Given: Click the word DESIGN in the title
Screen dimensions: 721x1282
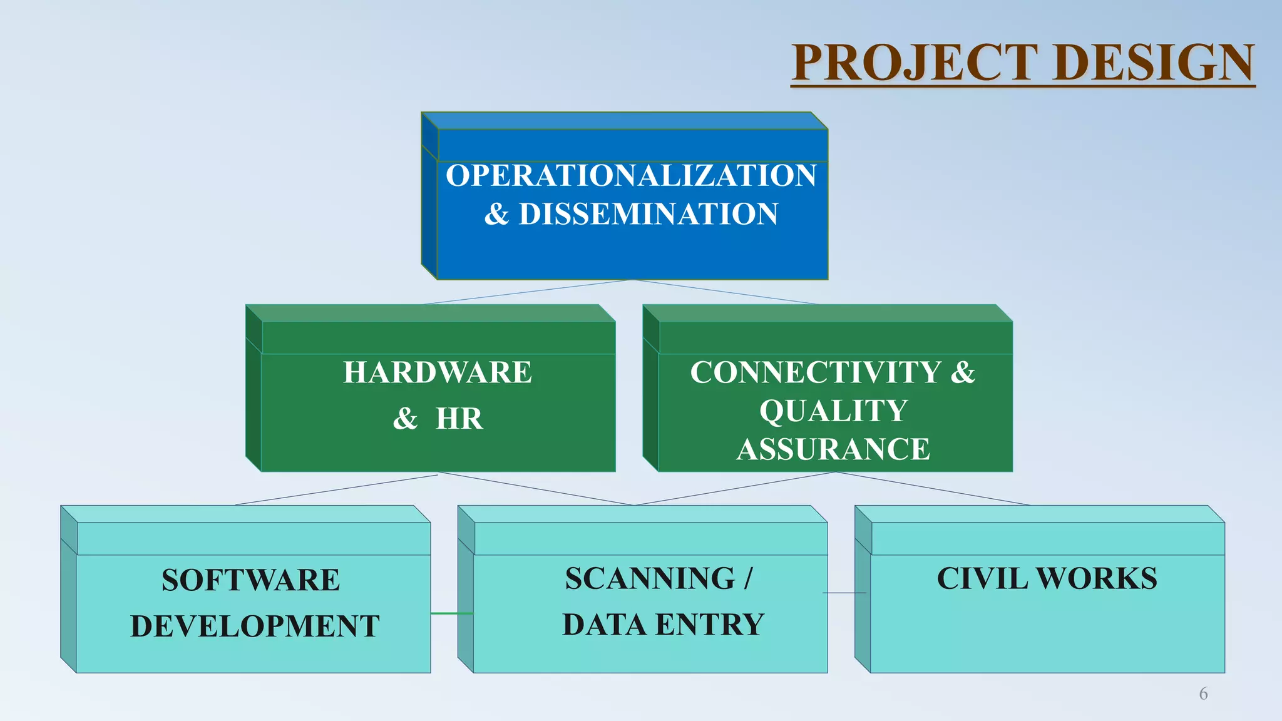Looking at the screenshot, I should [1154, 63].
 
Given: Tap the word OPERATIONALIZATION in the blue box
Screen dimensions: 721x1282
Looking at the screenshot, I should [631, 175].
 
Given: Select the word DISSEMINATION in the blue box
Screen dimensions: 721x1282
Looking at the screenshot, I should [649, 214].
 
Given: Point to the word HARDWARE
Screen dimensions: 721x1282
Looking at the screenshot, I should [437, 372].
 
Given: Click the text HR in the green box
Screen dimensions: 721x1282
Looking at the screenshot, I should [459, 419].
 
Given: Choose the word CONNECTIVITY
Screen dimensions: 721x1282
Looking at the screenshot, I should [815, 372].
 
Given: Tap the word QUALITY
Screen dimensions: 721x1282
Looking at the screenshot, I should [833, 411].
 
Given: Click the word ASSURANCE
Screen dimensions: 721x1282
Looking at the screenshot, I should [833, 449].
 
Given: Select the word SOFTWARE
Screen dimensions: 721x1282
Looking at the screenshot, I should [250, 580].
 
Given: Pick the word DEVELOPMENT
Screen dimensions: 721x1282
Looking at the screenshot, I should [255, 626].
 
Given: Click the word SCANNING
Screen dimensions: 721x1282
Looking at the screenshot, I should [650, 578].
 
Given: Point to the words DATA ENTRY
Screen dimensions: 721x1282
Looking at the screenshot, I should [664, 625].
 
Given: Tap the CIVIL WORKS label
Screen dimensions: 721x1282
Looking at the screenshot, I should [1047, 578].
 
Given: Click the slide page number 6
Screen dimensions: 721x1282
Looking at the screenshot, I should [1203, 693].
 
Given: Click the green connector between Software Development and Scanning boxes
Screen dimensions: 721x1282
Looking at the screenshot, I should [451, 613].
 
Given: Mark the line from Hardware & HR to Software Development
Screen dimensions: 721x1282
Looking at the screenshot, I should [337, 489].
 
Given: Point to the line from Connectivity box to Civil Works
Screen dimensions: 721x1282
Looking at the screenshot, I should [933, 488].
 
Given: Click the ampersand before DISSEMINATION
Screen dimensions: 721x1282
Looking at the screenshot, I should [496, 214].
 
